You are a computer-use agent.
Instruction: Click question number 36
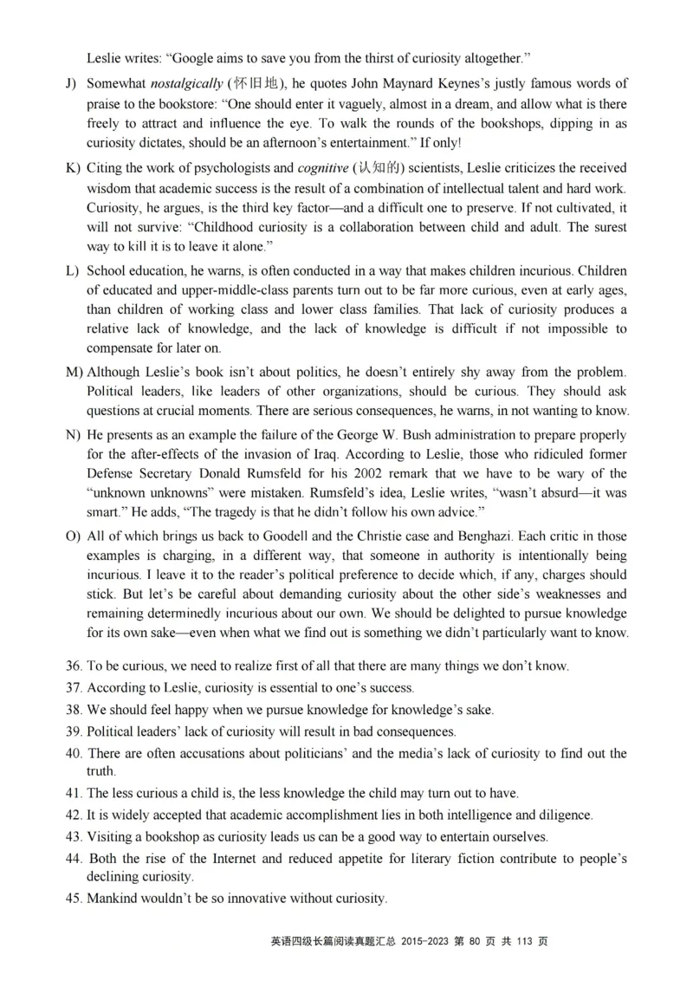(x=74, y=667)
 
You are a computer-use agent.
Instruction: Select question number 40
(x=74, y=753)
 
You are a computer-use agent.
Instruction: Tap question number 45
(x=74, y=899)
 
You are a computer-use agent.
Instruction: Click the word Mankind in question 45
(x=113, y=899)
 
